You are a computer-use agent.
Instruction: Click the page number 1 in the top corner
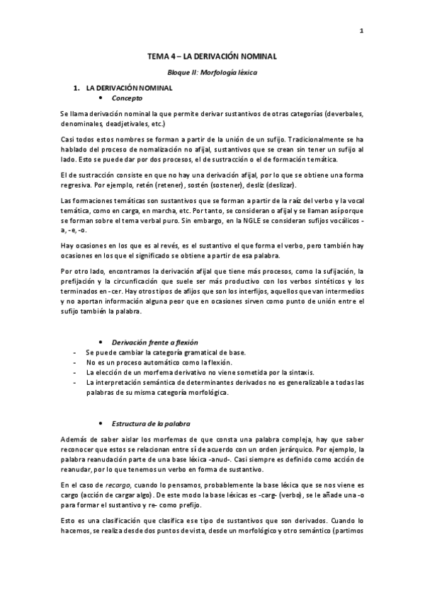tap(361, 30)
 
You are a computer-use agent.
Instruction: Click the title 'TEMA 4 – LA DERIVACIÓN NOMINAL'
tap(212, 55)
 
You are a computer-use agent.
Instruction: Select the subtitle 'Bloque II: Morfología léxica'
tap(212, 73)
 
